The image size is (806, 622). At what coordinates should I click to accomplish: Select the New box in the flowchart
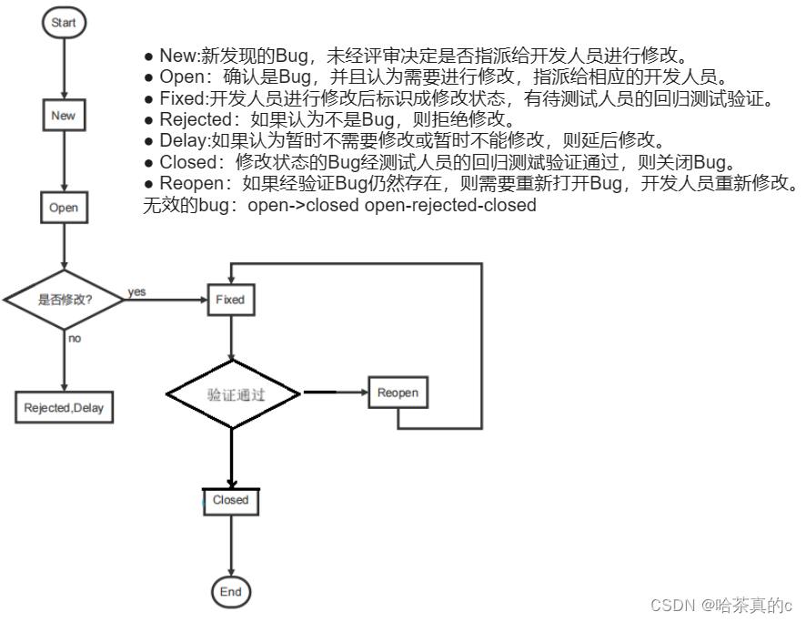(x=64, y=116)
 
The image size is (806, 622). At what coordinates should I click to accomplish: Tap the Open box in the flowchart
(x=64, y=208)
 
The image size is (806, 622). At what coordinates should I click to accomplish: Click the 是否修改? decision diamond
(x=65, y=300)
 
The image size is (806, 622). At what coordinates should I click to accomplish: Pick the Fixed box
(x=230, y=300)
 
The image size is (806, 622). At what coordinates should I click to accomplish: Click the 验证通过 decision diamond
(x=233, y=394)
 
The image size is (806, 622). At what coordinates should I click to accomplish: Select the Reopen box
(x=398, y=393)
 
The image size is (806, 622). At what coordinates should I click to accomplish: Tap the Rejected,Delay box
(x=64, y=407)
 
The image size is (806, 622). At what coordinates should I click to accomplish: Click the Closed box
(x=230, y=501)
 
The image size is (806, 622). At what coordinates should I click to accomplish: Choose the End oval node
(x=231, y=592)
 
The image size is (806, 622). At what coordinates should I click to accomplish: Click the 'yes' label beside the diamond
(x=137, y=292)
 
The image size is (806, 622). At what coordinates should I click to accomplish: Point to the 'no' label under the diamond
(x=75, y=338)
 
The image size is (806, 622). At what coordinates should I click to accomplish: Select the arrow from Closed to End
(x=231, y=546)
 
